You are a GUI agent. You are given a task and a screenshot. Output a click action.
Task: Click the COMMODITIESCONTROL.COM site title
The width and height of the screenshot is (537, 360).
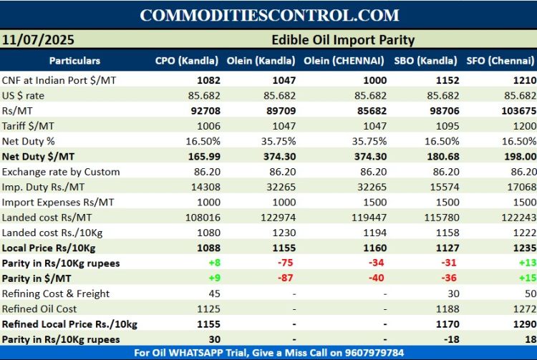click(268, 15)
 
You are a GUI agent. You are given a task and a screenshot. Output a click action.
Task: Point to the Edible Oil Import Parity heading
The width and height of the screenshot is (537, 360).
click(343, 40)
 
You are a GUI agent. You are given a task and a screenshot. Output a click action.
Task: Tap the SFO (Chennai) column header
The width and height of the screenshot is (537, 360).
click(501, 61)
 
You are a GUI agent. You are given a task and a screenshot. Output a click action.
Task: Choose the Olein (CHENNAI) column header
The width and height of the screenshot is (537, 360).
click(344, 61)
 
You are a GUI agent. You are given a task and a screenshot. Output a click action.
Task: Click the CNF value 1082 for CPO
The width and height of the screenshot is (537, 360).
click(207, 80)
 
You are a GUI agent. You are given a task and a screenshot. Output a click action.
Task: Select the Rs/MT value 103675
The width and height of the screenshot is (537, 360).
click(515, 111)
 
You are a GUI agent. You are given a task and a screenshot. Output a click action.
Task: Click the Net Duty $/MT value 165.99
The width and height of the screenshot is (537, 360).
click(203, 157)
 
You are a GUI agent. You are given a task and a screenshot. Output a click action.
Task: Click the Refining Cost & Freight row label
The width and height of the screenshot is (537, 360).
click(56, 293)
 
